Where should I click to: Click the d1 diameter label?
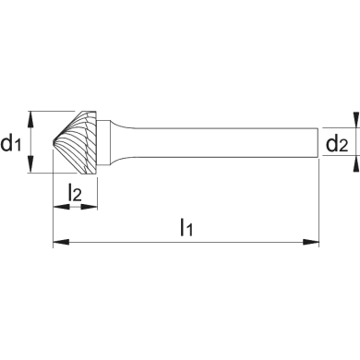pos(14,142)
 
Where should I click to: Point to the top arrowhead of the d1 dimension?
pos(33,116)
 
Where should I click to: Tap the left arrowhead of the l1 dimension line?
pos(58,242)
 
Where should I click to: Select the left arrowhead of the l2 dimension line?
pos(58,208)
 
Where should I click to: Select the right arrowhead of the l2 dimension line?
pos(94,208)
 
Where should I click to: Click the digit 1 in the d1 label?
pos(20,146)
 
